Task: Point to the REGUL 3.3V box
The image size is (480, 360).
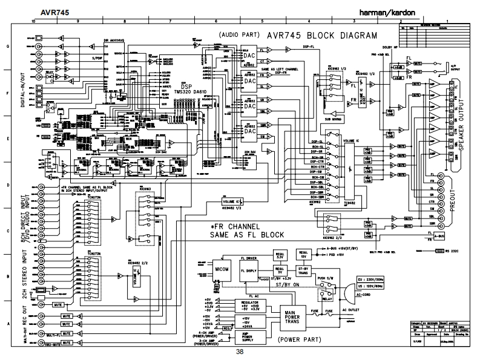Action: [280, 254]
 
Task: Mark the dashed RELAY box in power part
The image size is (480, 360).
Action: [327, 294]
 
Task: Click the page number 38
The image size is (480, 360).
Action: [240, 352]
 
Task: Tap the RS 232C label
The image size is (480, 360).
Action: [452, 249]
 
